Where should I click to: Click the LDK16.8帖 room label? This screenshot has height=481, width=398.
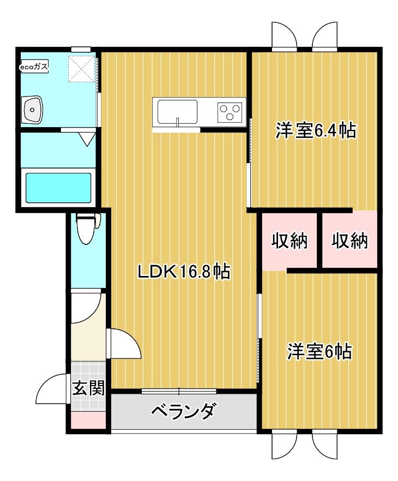(183, 271)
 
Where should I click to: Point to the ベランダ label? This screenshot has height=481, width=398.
(183, 411)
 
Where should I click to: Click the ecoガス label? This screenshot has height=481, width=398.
(34, 67)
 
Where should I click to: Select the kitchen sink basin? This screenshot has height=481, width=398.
(178, 112)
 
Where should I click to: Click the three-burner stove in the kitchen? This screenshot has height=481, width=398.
(230, 112)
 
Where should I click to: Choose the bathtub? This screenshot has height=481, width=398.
(58, 187)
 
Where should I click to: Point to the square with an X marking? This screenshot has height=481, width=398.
(81, 68)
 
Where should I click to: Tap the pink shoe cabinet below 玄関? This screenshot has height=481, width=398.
(88, 420)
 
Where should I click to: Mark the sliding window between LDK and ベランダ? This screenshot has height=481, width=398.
(179, 390)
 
